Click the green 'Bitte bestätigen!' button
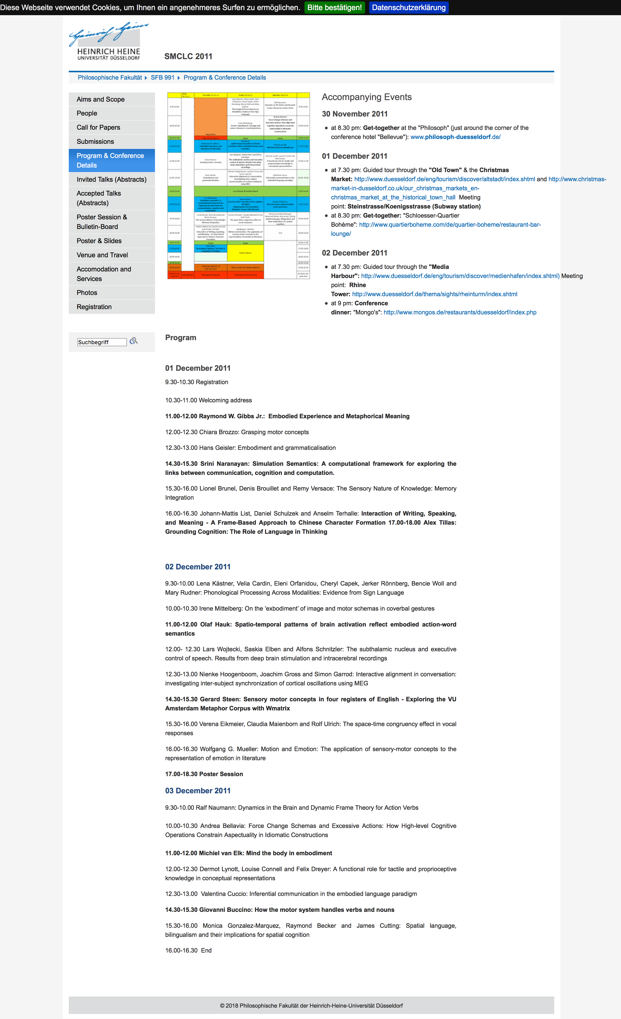[334, 7]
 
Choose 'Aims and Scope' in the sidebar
[101, 99]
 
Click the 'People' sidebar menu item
[87, 113]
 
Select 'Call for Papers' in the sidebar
[98, 127]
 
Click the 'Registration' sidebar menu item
[94, 307]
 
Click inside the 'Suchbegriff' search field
[102, 342]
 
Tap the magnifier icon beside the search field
[133, 341]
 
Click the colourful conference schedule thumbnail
[238, 186]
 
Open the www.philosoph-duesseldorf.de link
[455, 137]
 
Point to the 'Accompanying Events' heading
[367, 97]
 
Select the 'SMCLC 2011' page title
[188, 57]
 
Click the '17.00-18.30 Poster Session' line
[204, 774]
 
